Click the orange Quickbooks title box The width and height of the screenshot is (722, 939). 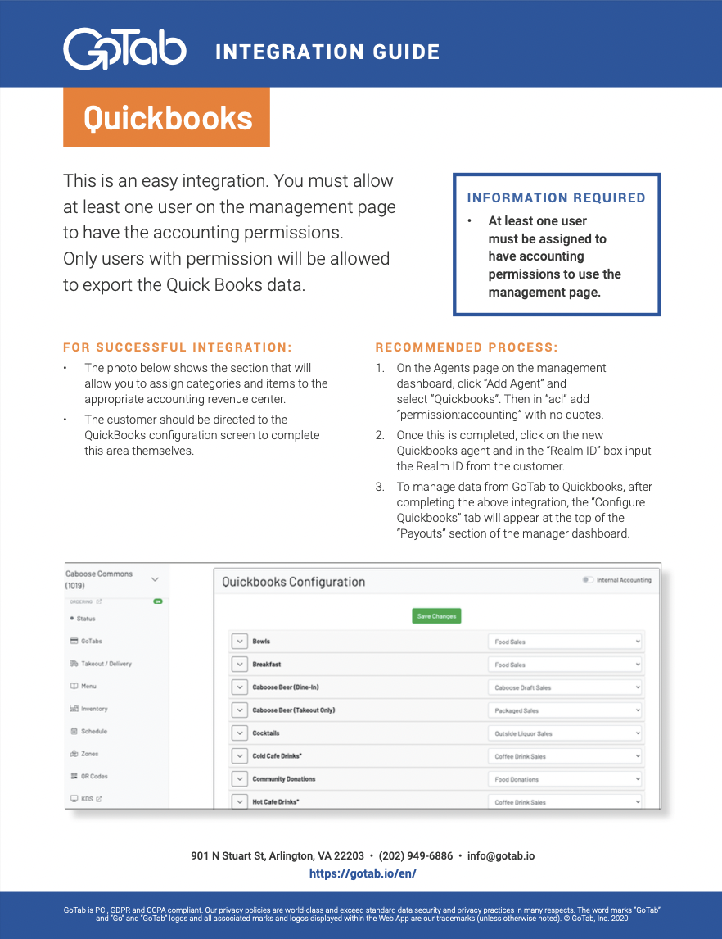click(x=166, y=118)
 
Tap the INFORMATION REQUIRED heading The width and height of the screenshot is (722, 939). click(x=556, y=197)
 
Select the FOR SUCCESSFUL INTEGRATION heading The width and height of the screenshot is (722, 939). click(x=178, y=347)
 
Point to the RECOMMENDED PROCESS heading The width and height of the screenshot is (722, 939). click(x=467, y=347)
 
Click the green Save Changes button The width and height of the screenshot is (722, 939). click(x=436, y=616)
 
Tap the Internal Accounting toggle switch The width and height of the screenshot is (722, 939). click(x=587, y=580)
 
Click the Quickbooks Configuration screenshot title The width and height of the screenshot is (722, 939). click(x=293, y=582)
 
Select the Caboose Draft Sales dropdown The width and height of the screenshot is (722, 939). click(x=565, y=687)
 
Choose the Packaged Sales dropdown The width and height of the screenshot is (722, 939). click(x=565, y=710)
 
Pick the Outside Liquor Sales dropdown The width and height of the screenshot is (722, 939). click(x=565, y=733)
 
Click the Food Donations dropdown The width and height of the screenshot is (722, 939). click(x=565, y=779)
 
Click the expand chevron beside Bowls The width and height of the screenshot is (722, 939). click(x=239, y=642)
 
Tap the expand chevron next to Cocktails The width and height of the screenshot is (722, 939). click(x=239, y=733)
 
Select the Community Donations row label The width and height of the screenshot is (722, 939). click(x=283, y=779)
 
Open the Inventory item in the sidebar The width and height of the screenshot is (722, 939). click(x=93, y=709)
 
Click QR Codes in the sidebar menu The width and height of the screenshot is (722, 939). click(x=93, y=776)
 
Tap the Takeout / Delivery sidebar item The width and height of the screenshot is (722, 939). click(x=106, y=664)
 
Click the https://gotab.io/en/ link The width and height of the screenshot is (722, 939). click(x=363, y=873)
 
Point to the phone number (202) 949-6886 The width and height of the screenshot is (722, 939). click(x=415, y=855)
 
